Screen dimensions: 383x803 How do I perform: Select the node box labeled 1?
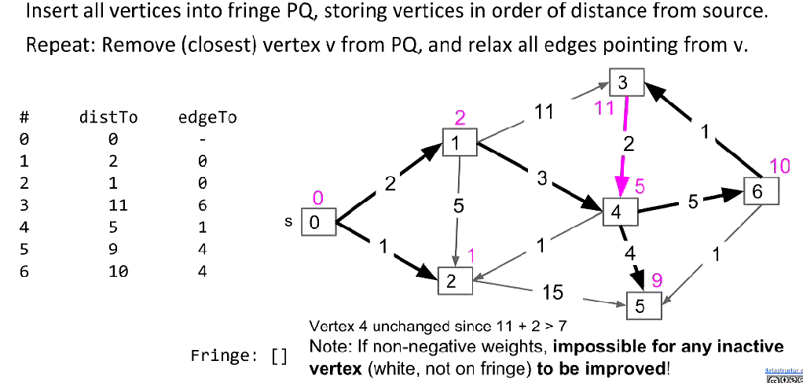[459, 142]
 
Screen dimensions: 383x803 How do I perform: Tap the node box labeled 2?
[455, 281]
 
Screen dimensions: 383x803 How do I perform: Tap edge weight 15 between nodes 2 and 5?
[552, 293]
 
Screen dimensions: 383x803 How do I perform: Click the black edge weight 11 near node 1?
[544, 112]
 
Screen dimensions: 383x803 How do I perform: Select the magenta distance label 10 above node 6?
[779, 165]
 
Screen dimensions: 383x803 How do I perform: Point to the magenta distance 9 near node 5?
[657, 278]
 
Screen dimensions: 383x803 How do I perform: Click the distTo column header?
[108, 118]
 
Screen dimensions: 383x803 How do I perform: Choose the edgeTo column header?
[208, 118]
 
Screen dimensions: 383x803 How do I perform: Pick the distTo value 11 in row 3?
[114, 205]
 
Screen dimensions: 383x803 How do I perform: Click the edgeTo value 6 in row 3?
[203, 205]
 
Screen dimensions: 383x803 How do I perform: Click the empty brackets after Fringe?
[279, 355]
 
